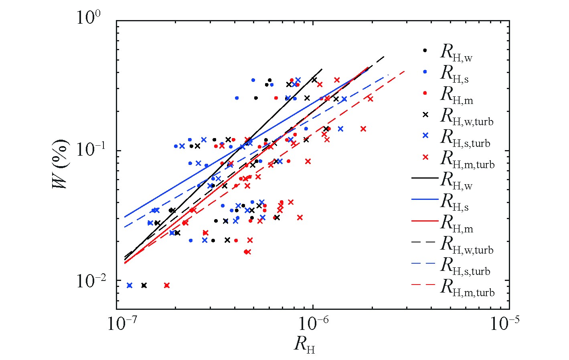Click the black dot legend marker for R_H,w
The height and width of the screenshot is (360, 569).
coord(425,51)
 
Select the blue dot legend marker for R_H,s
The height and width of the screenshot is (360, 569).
coord(425,72)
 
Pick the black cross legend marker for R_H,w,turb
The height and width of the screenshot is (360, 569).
coord(425,114)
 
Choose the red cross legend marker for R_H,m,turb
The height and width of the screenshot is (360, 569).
coord(425,157)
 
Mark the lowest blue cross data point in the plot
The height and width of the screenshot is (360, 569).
coord(130,285)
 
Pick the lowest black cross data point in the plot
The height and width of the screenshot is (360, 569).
coord(144,285)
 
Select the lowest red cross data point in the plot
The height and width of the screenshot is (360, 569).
coord(167,285)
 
